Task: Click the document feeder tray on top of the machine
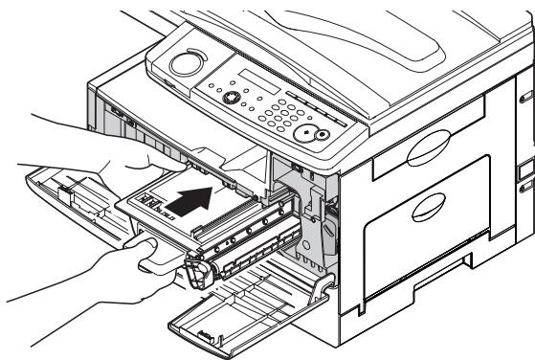[364, 38]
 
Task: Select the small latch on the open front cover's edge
[203, 332]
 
